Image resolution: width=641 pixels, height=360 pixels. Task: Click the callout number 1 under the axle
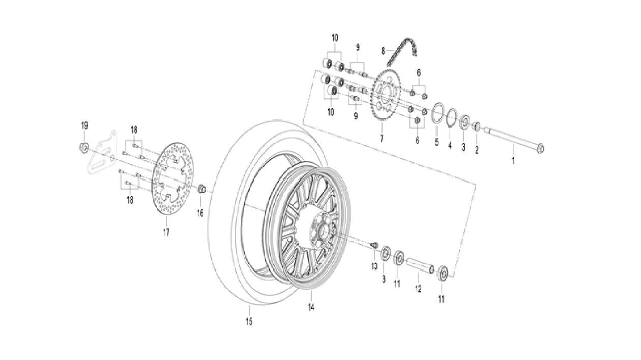tap(513, 161)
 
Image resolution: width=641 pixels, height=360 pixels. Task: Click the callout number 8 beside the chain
tap(384, 50)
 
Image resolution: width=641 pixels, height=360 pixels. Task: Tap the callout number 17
tap(166, 232)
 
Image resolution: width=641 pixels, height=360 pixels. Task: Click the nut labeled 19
tap(84, 147)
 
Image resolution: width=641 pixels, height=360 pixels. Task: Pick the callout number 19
tap(84, 125)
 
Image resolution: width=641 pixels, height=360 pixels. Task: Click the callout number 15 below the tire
tap(249, 321)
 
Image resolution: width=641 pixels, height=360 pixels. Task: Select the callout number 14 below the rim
tap(311, 307)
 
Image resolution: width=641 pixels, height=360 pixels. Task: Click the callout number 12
tap(418, 289)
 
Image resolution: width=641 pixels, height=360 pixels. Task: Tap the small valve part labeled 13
tap(375, 246)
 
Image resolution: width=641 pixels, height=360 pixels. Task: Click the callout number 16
tap(200, 213)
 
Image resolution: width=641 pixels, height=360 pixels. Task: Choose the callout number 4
tap(450, 145)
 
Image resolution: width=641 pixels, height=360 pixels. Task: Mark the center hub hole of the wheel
tap(322, 234)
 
